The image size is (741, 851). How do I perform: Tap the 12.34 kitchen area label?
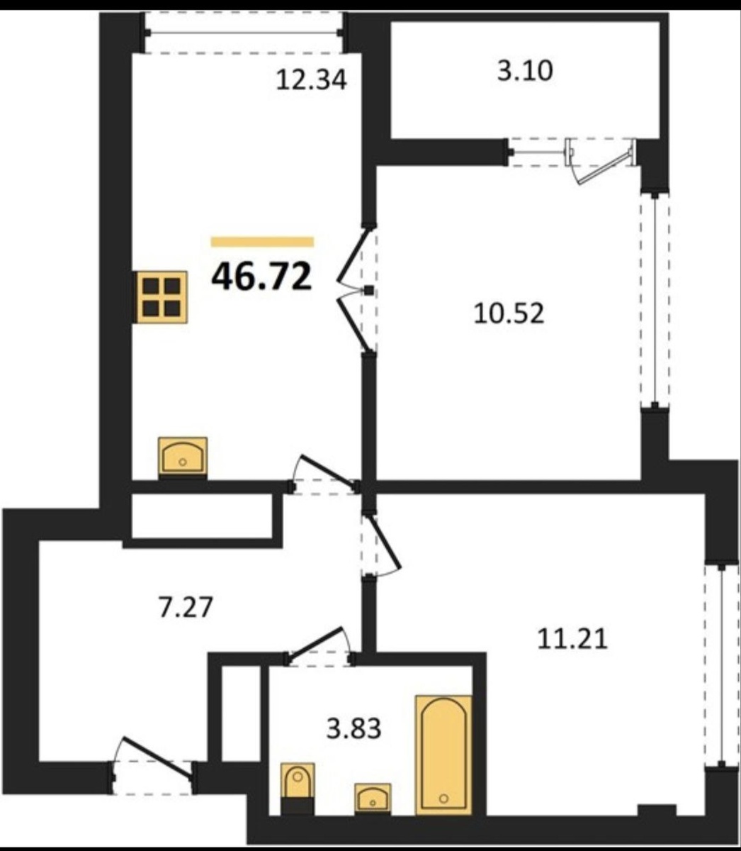point(311,80)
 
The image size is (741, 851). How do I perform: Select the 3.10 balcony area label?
point(525,71)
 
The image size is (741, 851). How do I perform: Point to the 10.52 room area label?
point(509,313)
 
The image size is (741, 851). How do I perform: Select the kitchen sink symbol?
point(183,456)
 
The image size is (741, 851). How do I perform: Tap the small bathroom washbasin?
point(373,798)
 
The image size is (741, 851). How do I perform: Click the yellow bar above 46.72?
point(262,242)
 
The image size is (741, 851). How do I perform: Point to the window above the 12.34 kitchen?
point(244,33)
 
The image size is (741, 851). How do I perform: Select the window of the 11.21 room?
point(721,665)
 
